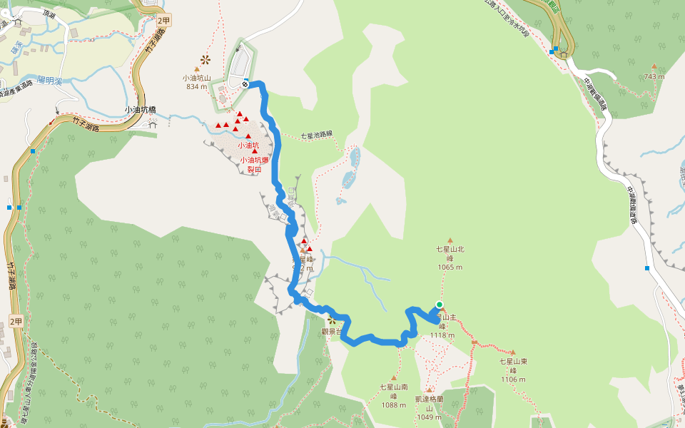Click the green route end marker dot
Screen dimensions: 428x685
[x=440, y=305]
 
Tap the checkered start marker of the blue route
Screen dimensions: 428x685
[x=245, y=84]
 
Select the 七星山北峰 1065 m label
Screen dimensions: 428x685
[x=450, y=258]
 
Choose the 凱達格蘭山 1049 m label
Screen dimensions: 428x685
[x=430, y=407]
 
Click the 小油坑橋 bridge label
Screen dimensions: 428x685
[x=140, y=111]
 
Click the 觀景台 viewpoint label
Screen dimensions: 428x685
[x=333, y=331]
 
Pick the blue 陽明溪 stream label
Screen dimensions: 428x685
[x=50, y=80]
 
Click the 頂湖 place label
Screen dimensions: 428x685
[x=49, y=14]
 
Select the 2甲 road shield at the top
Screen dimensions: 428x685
[x=164, y=21]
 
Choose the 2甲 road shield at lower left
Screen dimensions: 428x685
[x=16, y=321]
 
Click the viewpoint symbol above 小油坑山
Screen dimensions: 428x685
[x=205, y=59]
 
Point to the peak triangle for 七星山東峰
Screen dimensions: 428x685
[x=512, y=352]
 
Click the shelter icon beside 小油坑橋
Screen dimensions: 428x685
[x=153, y=123]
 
